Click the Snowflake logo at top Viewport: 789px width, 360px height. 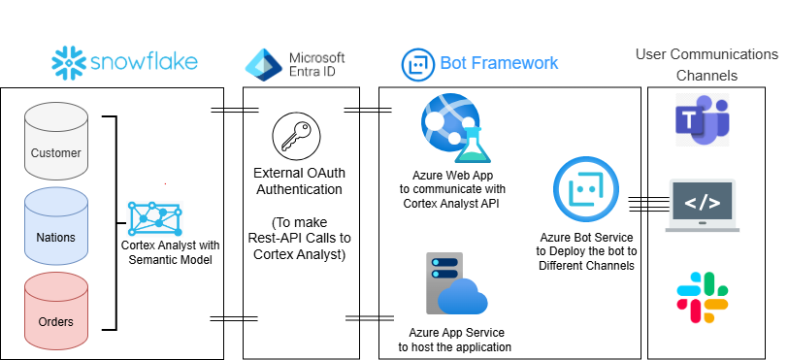click(x=124, y=62)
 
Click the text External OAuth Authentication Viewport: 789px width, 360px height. click(x=293, y=181)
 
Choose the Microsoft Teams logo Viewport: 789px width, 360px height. click(x=701, y=120)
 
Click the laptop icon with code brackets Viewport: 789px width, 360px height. click(x=703, y=205)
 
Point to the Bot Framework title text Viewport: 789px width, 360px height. click(x=499, y=63)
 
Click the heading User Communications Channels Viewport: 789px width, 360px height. click(x=706, y=64)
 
